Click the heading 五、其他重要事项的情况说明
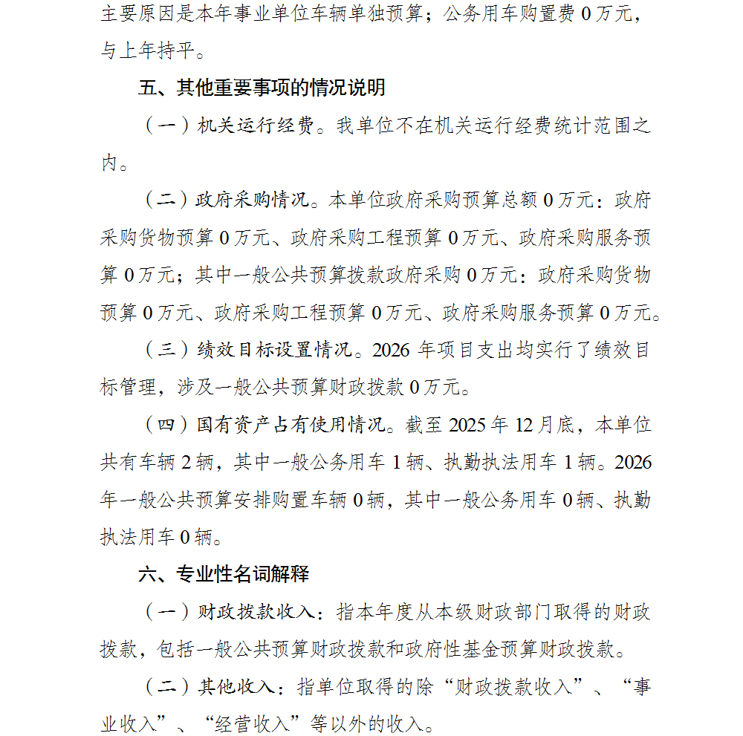point(262,88)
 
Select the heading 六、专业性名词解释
point(224,574)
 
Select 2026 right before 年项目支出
point(395,350)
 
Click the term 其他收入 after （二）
point(235,686)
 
